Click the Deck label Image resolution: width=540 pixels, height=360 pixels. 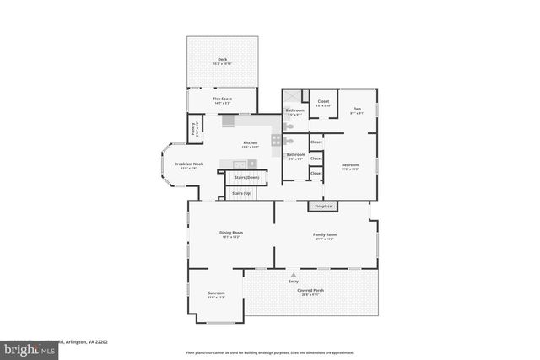[222, 60]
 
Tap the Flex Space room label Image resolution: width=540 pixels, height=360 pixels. [223, 100]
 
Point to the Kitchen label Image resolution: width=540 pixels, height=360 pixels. [251, 143]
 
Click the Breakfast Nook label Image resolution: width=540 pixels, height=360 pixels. [185, 164]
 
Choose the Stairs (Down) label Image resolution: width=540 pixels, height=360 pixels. [246, 177]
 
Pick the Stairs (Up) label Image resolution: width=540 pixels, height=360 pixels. [242, 194]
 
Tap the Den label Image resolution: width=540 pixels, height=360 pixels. [358, 110]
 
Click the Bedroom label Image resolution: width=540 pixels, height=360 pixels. [350, 165]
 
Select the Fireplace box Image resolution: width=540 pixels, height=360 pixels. [324, 206]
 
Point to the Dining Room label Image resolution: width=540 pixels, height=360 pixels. [231, 234]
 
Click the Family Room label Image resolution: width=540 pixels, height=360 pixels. [326, 235]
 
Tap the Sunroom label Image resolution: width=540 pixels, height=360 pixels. [216, 294]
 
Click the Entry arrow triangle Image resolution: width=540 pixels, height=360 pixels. [294, 276]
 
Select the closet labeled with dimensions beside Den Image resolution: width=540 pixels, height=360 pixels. [323, 104]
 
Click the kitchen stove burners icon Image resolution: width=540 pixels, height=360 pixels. [276, 140]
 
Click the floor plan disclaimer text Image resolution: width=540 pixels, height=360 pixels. [269, 352]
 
